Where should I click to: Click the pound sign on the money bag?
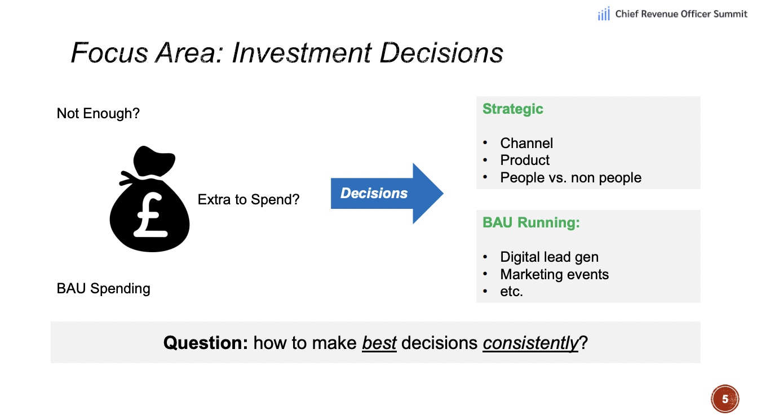150,217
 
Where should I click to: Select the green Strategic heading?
512,109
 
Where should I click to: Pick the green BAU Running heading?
531,222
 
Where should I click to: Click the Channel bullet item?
526,143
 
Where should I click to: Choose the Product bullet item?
525,160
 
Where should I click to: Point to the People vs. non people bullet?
570,178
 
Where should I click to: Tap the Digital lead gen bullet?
549,257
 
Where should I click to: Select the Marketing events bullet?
554,275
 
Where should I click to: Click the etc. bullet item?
511,292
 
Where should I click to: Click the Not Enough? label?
98,114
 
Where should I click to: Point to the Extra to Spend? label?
249,199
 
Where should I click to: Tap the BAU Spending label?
104,289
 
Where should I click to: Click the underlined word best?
379,342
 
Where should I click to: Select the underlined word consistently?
530,342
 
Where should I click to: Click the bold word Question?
205,342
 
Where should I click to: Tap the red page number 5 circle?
725,399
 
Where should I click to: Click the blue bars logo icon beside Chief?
604,15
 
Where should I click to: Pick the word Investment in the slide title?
302,53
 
